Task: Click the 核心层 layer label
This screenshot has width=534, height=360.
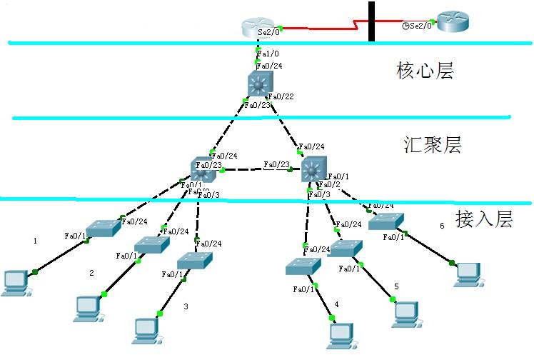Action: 425,71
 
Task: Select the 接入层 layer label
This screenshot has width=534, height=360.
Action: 484,219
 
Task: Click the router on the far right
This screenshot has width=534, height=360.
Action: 453,22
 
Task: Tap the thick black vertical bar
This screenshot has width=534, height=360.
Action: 371,21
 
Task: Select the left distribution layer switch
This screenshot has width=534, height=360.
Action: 203,170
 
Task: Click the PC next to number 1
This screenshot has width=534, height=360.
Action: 15,282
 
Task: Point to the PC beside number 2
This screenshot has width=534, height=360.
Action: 87,305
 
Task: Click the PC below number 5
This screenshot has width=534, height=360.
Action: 405,312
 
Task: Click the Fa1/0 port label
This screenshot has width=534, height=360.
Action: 266,54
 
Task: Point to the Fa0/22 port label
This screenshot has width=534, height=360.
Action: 283,96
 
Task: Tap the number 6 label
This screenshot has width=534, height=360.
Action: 442,226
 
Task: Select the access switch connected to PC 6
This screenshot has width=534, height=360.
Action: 386,221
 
